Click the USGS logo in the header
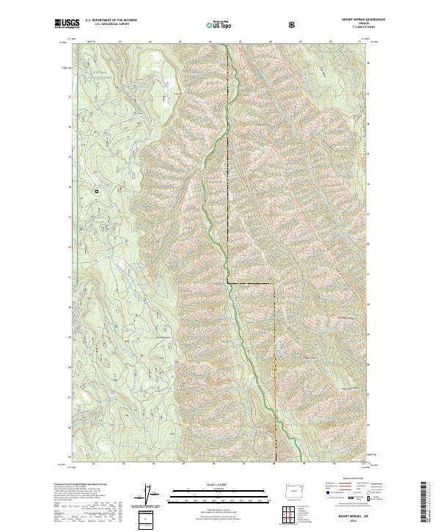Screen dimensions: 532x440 pos(67,24)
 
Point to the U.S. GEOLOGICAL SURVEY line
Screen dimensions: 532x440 pos(106,25)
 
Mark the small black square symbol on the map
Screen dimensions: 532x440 pos(96,192)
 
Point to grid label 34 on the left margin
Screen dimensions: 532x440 pos(70,187)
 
